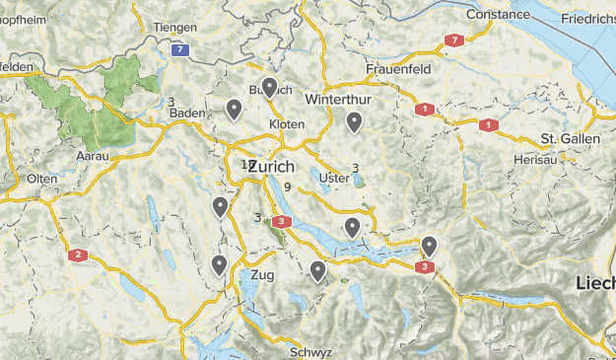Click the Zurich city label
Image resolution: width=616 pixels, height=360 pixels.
[x=271, y=167]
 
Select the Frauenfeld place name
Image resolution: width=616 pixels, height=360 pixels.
[x=399, y=70]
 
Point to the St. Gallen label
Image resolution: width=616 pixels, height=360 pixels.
[x=571, y=139]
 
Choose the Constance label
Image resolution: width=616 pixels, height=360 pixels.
[x=498, y=15]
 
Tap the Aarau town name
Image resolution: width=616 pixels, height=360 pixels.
[x=93, y=156]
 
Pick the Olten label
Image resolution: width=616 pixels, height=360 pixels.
[x=42, y=179]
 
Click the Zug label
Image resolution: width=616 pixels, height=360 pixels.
[x=263, y=274]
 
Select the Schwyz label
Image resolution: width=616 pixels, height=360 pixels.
[x=310, y=352]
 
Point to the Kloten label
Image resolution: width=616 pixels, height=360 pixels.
[x=287, y=124]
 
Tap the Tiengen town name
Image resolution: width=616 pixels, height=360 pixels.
[x=174, y=28]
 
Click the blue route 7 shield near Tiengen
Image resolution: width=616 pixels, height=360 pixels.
[x=179, y=49]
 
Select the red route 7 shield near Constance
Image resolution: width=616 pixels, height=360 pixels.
[x=452, y=40]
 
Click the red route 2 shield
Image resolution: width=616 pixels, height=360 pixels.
[x=77, y=255]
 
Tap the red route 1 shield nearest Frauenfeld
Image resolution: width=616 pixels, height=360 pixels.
[x=425, y=109]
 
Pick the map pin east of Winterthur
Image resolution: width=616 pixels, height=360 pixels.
[x=354, y=121]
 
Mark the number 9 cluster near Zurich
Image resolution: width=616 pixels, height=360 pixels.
[x=287, y=186]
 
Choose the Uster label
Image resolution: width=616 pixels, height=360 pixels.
[x=335, y=178]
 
